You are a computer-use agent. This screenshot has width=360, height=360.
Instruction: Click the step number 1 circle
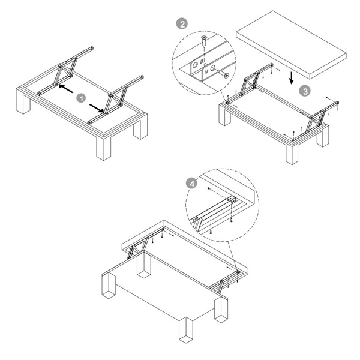(x=81, y=98)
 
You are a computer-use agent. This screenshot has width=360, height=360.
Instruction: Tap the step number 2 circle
(x=182, y=24)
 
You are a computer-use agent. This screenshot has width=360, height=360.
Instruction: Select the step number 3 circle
(x=305, y=91)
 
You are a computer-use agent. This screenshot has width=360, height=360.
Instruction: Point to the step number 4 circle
(x=192, y=183)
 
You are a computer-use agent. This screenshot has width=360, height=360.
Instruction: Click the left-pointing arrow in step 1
(x=66, y=89)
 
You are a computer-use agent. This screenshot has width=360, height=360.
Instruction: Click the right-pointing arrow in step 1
(x=97, y=108)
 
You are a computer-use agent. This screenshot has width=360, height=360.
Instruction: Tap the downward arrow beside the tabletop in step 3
(x=292, y=78)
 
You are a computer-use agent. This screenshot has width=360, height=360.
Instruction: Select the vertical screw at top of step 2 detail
(x=203, y=41)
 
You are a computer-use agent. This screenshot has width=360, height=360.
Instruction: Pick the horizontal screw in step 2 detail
(x=222, y=73)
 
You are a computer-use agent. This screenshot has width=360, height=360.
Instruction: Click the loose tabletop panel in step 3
(x=291, y=44)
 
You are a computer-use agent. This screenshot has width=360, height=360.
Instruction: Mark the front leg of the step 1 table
(x=104, y=148)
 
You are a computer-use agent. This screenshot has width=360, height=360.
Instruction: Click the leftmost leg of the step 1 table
(x=23, y=101)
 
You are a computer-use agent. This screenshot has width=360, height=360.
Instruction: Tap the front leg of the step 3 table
(x=292, y=154)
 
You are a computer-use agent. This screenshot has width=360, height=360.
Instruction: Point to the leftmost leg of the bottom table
(x=109, y=285)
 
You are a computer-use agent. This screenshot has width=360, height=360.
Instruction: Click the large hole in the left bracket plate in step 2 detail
(x=194, y=65)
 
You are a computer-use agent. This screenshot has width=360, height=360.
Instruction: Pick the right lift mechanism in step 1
(x=115, y=100)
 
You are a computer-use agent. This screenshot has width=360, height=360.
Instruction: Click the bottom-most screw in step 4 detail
(x=211, y=233)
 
